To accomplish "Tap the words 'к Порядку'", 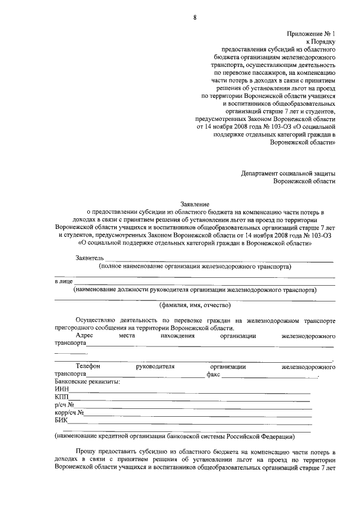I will (x=321, y=42).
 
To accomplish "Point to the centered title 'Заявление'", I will (x=194, y=204).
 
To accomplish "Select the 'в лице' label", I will (x=63, y=281).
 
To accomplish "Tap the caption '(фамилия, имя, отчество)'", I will (x=195, y=305).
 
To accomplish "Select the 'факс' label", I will (x=213, y=374).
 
